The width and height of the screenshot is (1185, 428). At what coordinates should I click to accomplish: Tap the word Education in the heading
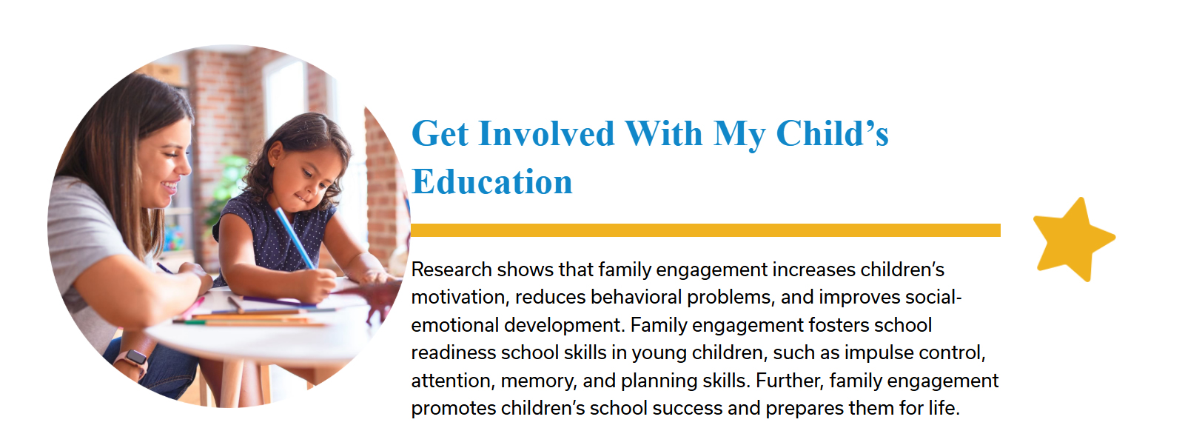(492, 181)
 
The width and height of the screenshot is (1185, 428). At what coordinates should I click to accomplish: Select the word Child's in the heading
(833, 133)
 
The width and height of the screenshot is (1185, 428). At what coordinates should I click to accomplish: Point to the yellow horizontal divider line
(705, 230)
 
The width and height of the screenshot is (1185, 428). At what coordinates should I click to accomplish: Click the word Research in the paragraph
(451, 270)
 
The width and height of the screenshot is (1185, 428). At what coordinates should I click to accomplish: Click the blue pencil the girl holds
(294, 238)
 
